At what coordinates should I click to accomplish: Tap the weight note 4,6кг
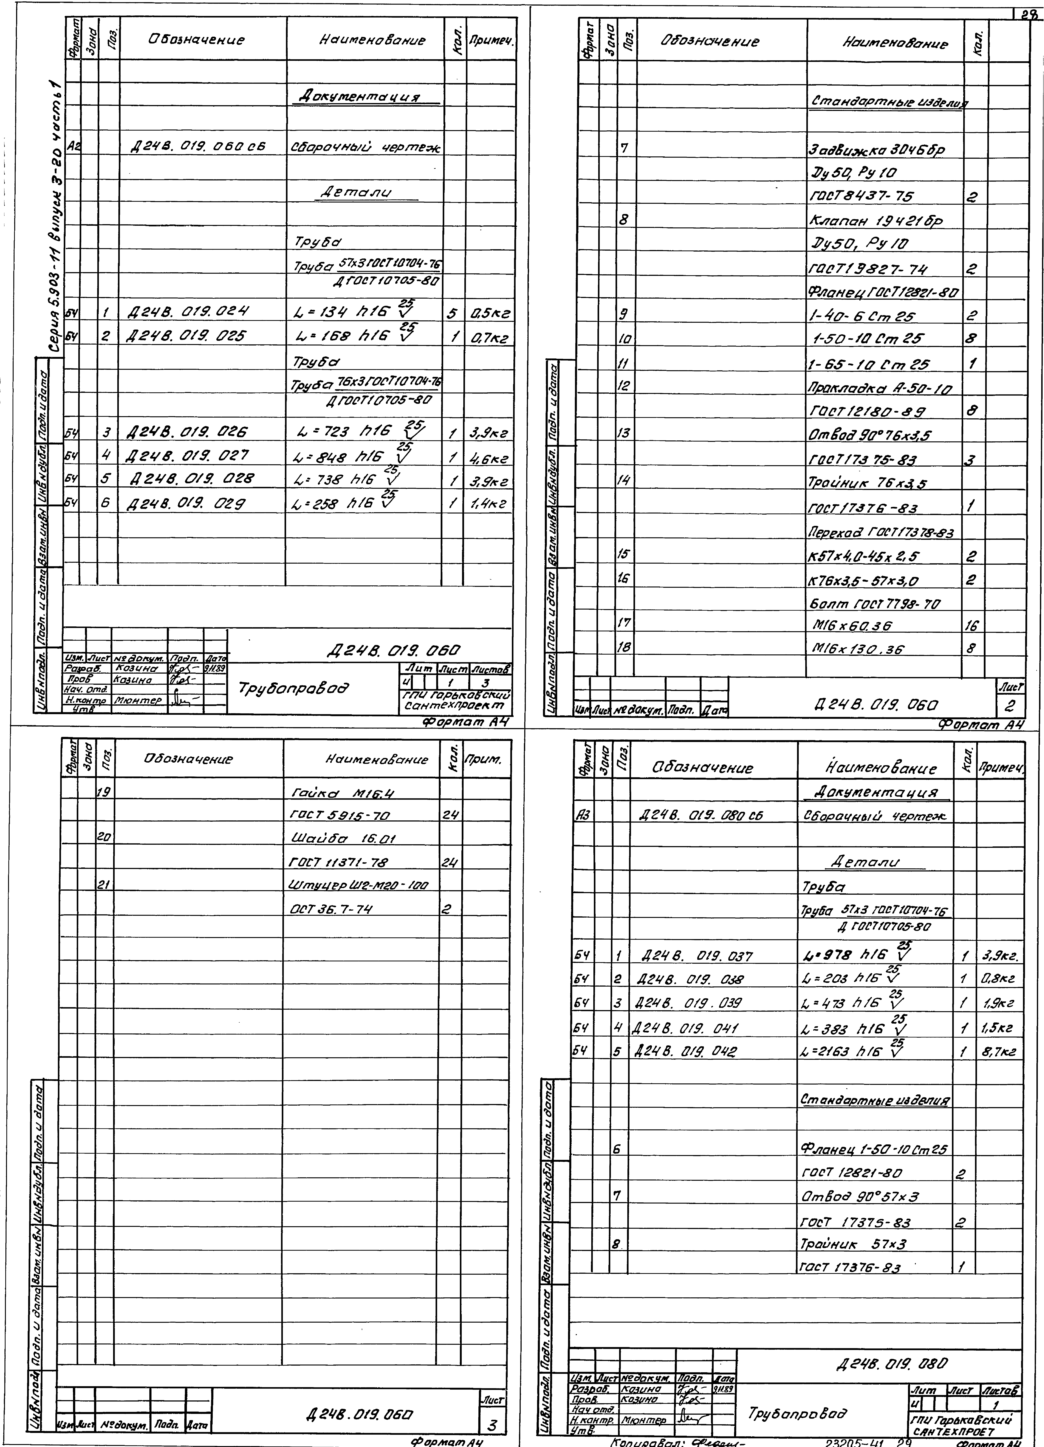(x=489, y=457)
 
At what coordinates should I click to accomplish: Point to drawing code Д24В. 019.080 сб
(x=699, y=816)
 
